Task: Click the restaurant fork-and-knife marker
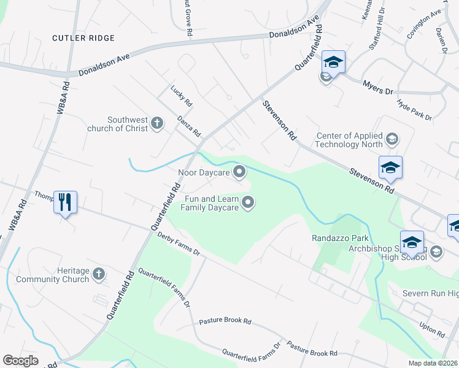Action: pos(65,201)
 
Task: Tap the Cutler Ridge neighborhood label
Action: pos(83,38)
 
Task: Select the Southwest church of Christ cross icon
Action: pos(156,123)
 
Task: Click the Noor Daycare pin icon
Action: pos(239,172)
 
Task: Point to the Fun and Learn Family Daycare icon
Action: pos(248,202)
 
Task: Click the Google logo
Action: pos(20,361)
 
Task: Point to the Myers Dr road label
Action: pos(377,86)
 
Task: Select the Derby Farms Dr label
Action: pos(179,243)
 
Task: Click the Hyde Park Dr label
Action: pos(415,109)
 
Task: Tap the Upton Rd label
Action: pos(433,329)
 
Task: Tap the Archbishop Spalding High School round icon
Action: pos(436,251)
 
